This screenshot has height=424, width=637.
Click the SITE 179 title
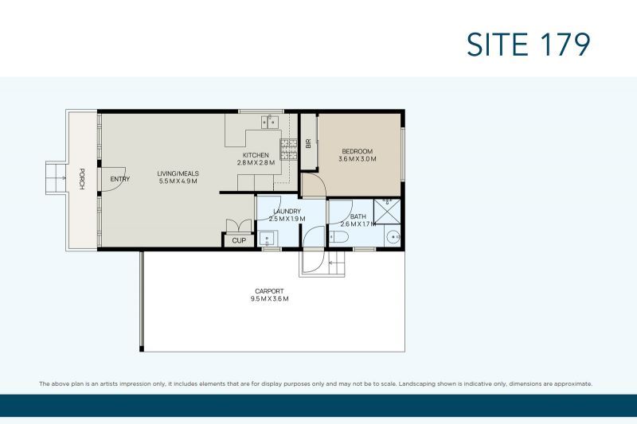[528, 45]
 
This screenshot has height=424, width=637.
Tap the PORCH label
[82, 179]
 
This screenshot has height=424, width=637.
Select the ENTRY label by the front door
[120, 179]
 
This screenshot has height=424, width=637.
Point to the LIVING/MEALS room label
[178, 173]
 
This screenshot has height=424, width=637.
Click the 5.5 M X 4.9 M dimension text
[178, 181]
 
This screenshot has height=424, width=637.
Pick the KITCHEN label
[256, 155]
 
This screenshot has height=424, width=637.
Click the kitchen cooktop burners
[288, 149]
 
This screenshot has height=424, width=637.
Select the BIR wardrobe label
[308, 143]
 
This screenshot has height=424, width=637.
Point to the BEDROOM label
[357, 151]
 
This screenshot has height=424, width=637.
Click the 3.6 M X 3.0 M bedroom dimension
[357, 158]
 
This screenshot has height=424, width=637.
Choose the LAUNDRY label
[287, 212]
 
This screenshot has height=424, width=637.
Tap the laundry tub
[268, 238]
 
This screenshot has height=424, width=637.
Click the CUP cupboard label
[239, 240]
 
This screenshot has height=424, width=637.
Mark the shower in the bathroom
[387, 211]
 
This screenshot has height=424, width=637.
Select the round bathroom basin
[393, 237]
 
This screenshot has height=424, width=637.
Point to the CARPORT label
[269, 291]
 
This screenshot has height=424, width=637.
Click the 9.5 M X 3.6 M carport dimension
[269, 298]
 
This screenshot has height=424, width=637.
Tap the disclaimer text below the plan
[315, 383]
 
